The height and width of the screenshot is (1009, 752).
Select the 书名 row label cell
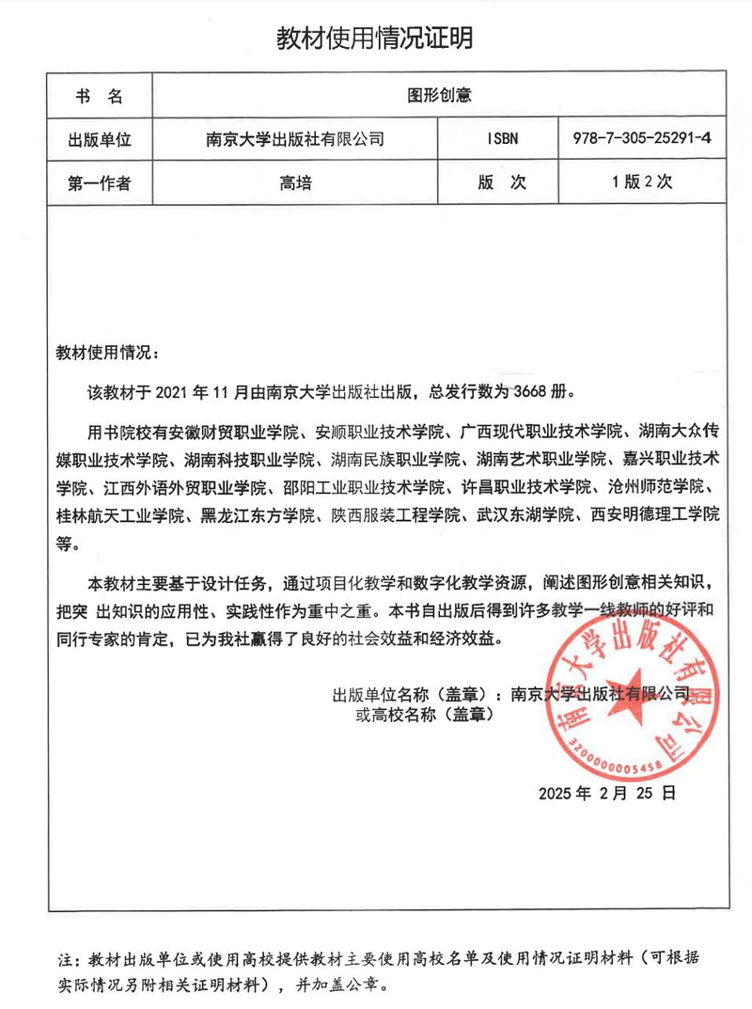tap(100, 95)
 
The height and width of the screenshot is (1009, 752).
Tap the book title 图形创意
tap(439, 95)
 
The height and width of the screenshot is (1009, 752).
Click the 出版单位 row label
tap(100, 139)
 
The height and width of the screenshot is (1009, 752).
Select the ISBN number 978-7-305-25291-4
tap(641, 139)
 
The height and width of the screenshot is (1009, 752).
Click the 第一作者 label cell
tap(100, 184)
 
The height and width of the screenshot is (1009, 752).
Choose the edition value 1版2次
tap(641, 184)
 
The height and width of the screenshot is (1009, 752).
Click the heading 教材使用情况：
tap(108, 354)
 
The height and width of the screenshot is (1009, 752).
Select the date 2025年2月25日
tap(606, 793)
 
